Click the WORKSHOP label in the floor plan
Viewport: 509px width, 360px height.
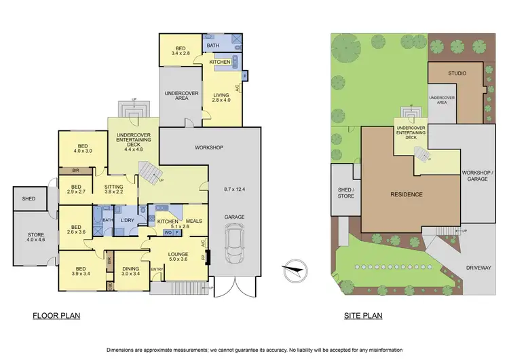tap(209, 147)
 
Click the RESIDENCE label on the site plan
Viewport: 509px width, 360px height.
tap(406, 195)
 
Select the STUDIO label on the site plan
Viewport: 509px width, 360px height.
tap(456, 73)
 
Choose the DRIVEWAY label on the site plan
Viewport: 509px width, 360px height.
tap(478, 268)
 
